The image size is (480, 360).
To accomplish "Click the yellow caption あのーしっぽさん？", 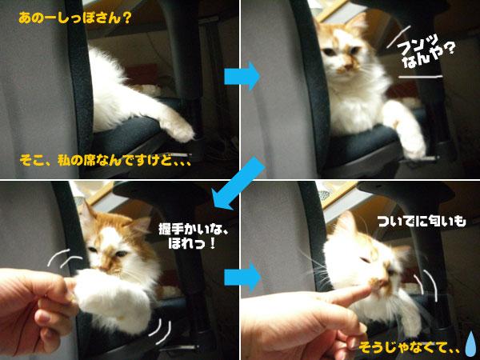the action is click(x=75, y=18).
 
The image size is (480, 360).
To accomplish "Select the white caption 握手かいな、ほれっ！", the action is click(x=193, y=236).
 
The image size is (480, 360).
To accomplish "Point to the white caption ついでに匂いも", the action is click(x=422, y=221).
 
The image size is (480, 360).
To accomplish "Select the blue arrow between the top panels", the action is click(x=242, y=76).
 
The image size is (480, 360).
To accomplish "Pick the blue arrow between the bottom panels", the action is click(x=242, y=277).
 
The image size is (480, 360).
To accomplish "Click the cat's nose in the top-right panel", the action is click(x=347, y=66).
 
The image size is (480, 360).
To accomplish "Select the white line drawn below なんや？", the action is click(x=421, y=77).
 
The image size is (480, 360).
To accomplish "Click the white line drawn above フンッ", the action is click(x=398, y=37).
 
